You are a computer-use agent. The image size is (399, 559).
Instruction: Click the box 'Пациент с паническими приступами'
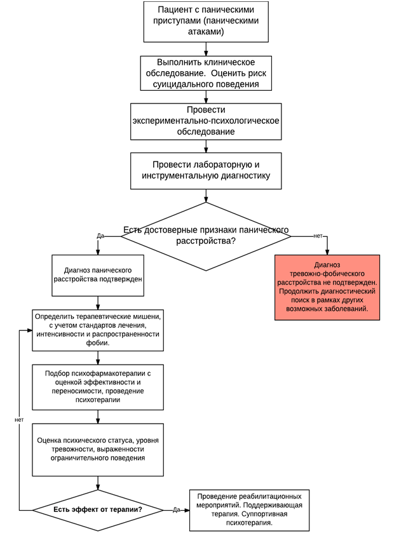206,21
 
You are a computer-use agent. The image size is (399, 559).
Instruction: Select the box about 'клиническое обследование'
206,73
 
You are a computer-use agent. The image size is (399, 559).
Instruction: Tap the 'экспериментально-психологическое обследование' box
206,121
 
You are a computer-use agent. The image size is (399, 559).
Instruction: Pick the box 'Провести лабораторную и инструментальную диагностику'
206,170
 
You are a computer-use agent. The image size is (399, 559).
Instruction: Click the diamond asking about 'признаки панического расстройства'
206,236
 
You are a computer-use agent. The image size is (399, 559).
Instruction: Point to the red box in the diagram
327,287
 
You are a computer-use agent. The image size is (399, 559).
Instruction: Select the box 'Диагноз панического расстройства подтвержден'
98,275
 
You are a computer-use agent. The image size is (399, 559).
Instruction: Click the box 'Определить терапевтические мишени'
98,330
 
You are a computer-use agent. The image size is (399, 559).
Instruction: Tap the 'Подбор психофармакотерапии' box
98,387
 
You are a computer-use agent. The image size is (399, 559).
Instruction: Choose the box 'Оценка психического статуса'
98,449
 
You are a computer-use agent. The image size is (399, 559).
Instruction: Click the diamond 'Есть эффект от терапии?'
98,509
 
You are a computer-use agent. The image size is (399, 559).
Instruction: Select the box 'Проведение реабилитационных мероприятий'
249,509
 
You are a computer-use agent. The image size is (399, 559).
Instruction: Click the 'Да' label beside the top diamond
100,236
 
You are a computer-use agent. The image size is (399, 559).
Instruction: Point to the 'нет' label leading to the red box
318,236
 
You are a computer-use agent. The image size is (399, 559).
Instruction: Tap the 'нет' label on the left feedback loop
19,419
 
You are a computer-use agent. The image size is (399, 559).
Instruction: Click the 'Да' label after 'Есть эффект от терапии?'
176,509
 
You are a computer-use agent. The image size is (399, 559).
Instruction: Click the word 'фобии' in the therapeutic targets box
98,343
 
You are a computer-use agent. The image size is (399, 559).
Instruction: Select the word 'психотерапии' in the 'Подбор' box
98,400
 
